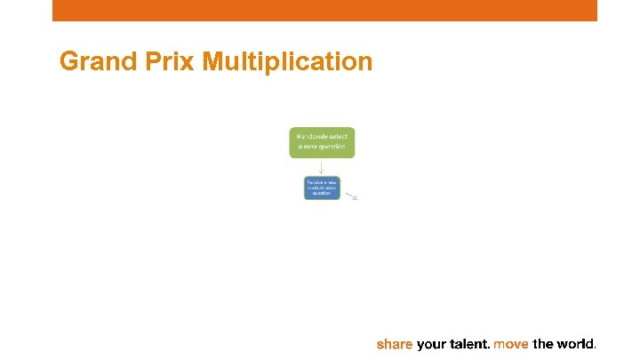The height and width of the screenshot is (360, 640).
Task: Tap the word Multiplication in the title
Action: [x=287, y=61]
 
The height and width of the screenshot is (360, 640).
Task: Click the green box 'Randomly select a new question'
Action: [x=322, y=142]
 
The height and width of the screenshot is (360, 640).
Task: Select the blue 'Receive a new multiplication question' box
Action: [x=322, y=188]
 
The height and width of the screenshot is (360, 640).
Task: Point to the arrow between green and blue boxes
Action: [x=322, y=167]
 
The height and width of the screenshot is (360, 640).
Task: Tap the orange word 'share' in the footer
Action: [x=395, y=344]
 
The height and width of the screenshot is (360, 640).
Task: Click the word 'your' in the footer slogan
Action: [x=432, y=344]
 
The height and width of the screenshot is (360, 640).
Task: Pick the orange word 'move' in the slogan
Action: [x=512, y=344]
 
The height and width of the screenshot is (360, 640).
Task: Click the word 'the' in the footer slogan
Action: [x=543, y=344]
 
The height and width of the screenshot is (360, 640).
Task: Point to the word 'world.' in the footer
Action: [x=577, y=344]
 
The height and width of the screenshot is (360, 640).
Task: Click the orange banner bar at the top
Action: [x=324, y=10]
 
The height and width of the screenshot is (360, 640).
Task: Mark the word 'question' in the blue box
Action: [x=322, y=193]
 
